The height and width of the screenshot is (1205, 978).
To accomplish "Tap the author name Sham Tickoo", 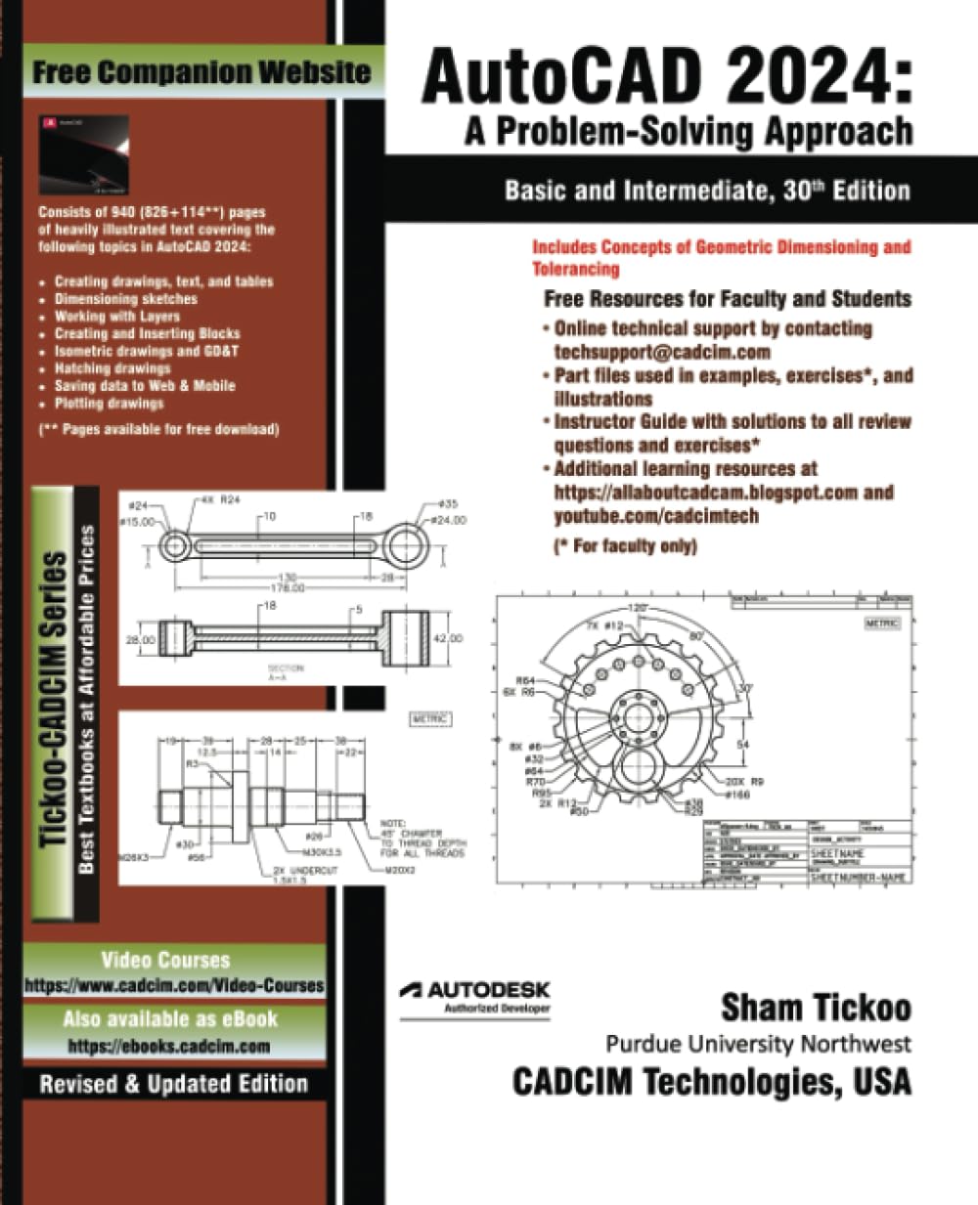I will (x=816, y=1007).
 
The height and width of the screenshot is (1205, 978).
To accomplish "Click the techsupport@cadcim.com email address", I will (x=662, y=352).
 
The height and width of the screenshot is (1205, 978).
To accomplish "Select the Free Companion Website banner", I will (x=201, y=71).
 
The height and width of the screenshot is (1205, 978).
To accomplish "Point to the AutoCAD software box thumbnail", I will (x=83, y=154).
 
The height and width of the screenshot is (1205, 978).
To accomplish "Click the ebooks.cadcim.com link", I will (x=168, y=1046).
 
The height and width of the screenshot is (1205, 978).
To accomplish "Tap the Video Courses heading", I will (x=165, y=960).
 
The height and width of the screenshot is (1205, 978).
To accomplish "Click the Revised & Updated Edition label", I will (x=173, y=1084).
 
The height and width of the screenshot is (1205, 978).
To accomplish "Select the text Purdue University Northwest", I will (x=758, y=1044).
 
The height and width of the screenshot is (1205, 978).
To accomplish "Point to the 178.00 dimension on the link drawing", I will (x=287, y=588).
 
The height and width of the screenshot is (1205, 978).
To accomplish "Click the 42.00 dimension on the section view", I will (x=447, y=638).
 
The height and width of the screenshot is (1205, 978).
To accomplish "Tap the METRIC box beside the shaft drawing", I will (x=430, y=719).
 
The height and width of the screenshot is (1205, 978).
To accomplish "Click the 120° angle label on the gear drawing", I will (x=638, y=608).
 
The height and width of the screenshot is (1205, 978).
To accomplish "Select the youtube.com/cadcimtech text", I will (x=656, y=516).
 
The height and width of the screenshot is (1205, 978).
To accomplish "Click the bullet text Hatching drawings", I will (x=112, y=368).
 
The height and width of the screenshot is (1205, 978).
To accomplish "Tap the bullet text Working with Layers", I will (x=117, y=316).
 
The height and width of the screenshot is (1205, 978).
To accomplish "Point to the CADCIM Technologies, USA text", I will (x=712, y=1082).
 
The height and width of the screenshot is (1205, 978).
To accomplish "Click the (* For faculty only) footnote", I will (x=625, y=545).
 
